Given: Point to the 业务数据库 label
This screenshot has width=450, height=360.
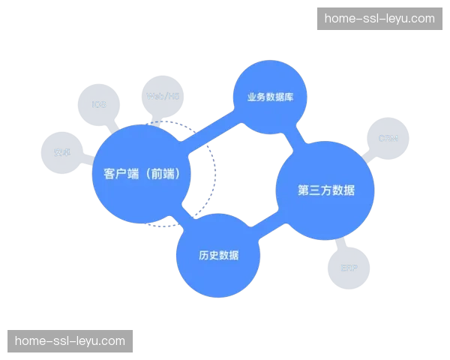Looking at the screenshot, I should pos(268,97).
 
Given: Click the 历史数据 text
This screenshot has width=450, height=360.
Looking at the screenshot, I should pos(218,255).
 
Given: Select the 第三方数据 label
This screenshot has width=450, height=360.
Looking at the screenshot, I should pos(325,190).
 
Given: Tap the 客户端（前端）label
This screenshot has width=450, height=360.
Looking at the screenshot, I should pos(141,174).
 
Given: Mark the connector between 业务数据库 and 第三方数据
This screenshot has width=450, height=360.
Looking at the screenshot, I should pos(297,136).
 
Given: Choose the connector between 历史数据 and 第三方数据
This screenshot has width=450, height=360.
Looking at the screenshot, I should pos(271,229).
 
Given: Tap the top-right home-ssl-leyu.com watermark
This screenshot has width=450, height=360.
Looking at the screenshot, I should pos(379,19).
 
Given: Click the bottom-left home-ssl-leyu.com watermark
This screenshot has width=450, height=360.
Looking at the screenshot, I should pos(70,341).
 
